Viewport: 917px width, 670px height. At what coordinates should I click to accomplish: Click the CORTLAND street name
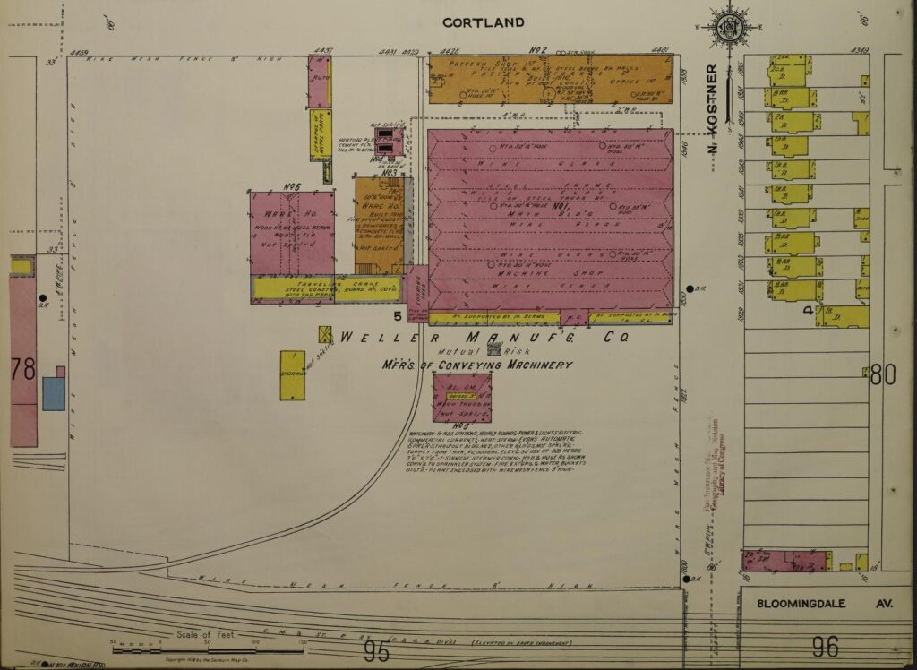tap(484, 22)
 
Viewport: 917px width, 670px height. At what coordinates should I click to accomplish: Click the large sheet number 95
tap(377, 652)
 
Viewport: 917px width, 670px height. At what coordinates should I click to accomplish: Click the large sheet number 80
tap(883, 374)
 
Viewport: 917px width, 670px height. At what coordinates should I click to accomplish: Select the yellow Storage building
tap(292, 375)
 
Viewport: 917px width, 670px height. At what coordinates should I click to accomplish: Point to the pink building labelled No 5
tap(462, 397)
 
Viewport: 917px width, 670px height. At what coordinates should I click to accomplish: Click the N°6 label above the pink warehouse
tap(291, 186)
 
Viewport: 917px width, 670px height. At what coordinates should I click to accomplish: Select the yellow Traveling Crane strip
tap(325, 288)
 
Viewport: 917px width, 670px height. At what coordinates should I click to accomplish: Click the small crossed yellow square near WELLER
tap(325, 334)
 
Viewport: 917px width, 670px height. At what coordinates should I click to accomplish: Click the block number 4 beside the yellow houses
tap(807, 311)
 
